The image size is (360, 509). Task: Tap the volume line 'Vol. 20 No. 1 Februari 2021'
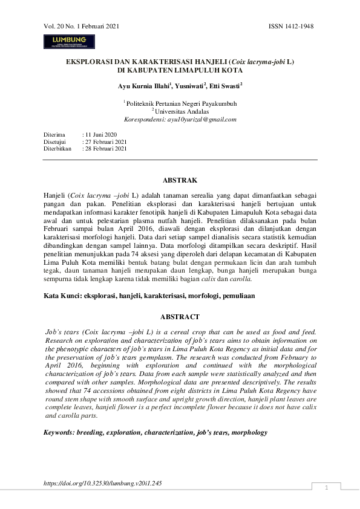coord(82,27)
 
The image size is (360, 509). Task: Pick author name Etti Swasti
coord(225,86)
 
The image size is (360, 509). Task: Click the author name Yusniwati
coord(189,86)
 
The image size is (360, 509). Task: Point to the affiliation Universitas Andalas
coord(182,111)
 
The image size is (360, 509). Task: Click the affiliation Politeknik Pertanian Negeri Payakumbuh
coord(182,103)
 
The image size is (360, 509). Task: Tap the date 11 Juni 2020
coord(100,134)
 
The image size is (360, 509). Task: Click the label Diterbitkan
coord(57,148)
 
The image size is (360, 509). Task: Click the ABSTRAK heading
coord(180,180)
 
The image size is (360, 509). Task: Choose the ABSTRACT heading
coord(180,317)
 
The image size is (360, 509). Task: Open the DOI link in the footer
coord(103,484)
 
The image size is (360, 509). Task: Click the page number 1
coord(326,488)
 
